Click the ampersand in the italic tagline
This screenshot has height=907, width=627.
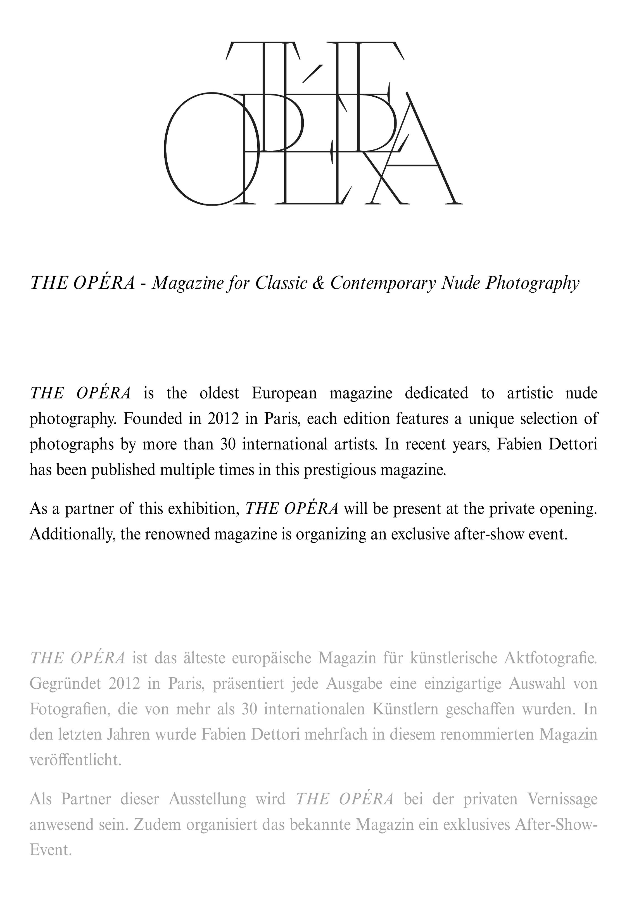tap(318, 283)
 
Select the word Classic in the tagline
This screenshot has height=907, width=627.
tap(281, 283)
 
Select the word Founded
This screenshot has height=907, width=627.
tap(152, 419)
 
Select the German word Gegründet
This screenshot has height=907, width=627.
tap(65, 684)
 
